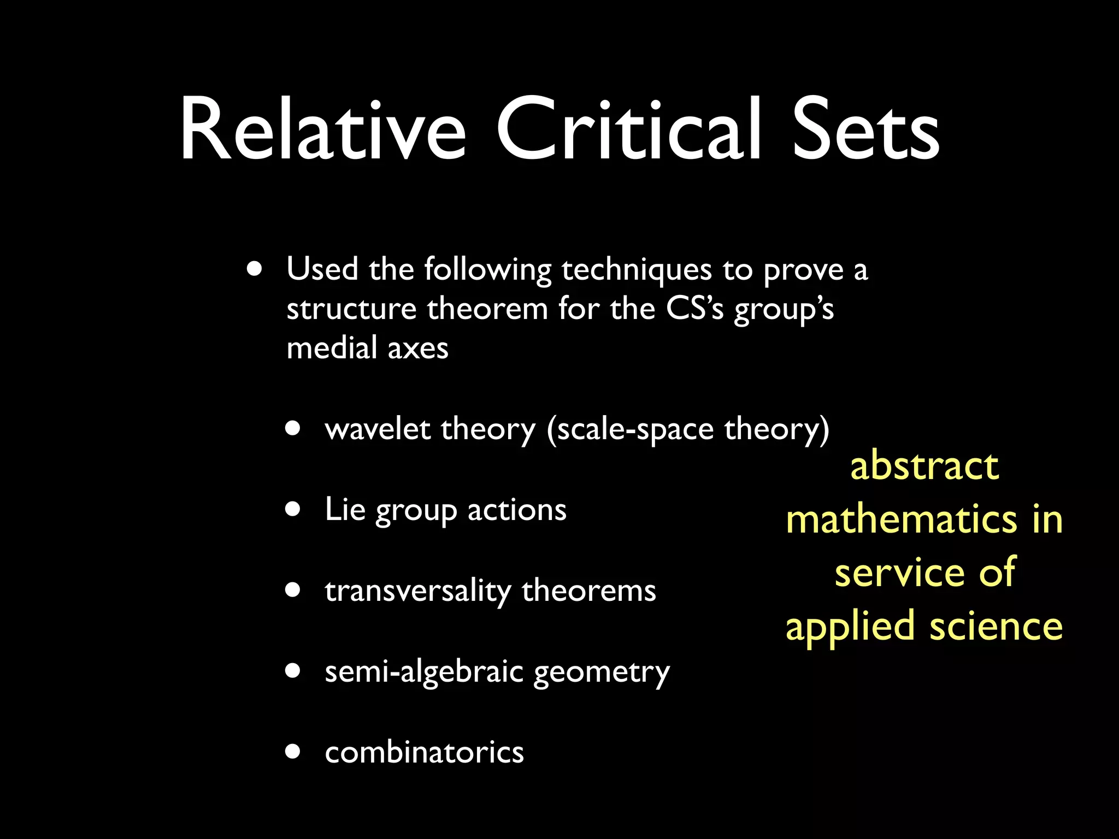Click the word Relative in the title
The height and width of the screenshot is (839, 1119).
pos(322,129)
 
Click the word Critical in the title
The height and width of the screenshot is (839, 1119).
pos(628,129)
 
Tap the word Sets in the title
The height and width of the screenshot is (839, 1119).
pos(865,129)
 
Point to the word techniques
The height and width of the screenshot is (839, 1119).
pos(637,270)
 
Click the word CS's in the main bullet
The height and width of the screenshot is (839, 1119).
pos(694,309)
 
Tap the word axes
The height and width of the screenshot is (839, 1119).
pos(418,348)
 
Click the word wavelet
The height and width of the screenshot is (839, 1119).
pos(377,429)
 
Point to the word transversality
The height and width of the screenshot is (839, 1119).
pos(418,590)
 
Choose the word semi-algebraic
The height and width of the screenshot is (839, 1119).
pos(423,671)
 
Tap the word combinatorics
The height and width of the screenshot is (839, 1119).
pos(424,752)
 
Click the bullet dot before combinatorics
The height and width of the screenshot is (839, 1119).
pos(293,752)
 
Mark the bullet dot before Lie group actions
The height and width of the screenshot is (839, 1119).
pos(293,509)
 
